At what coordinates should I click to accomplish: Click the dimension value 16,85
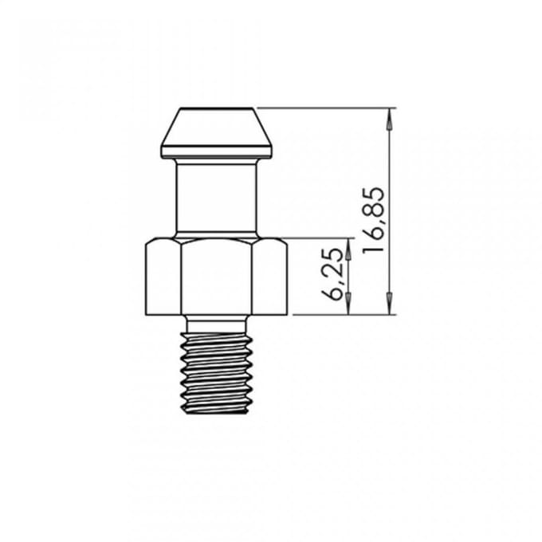coord(373,220)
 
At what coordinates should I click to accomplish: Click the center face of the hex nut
coord(216,278)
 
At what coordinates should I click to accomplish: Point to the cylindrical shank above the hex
coord(216,198)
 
